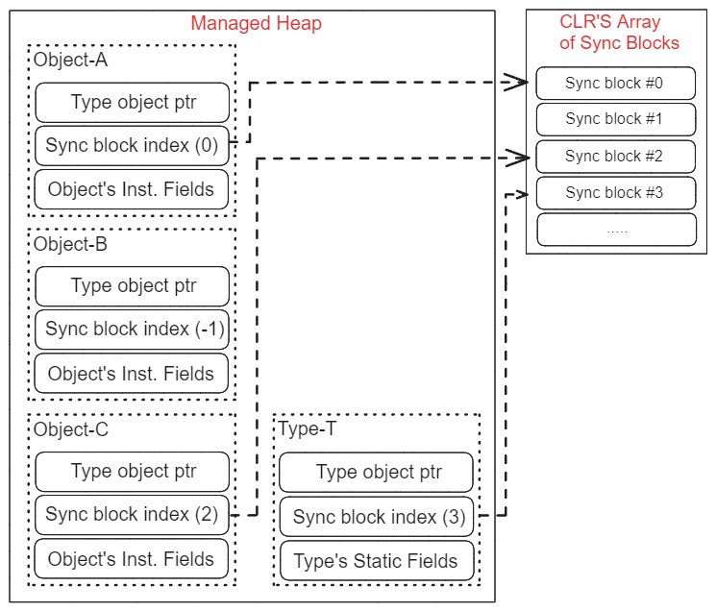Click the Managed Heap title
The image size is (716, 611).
256,24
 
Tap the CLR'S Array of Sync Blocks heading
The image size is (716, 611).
619,33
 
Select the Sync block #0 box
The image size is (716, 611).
615,84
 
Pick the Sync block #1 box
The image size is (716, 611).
615,119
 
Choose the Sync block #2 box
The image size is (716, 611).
615,156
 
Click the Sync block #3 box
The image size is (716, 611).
615,192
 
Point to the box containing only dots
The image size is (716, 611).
615,230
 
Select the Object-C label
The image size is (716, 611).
71,429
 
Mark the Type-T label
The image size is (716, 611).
308,429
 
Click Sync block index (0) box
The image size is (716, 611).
133,147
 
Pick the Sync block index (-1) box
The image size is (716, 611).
133,329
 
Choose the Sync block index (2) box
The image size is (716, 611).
133,514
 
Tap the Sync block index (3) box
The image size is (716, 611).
378,517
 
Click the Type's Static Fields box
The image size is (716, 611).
378,561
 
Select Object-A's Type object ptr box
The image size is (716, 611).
133,102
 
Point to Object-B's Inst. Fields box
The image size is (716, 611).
133,374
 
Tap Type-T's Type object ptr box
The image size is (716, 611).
378,472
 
